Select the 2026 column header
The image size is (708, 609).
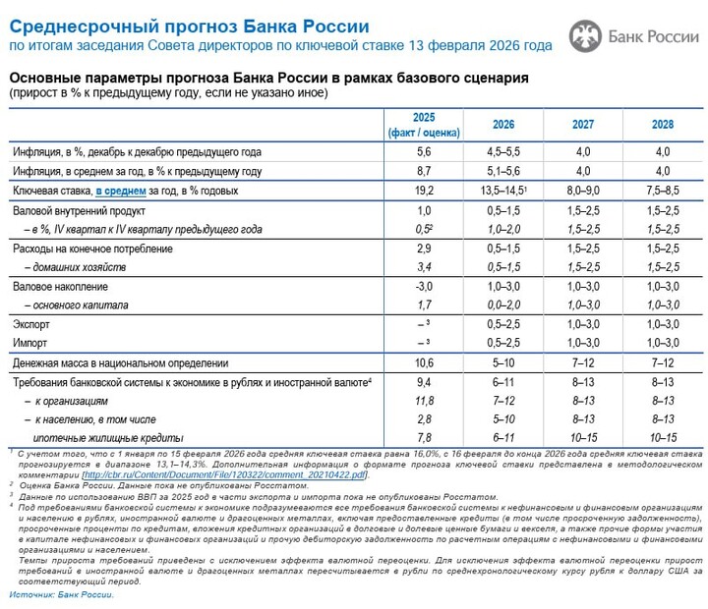coord(502,126)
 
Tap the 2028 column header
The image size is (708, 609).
coord(662,126)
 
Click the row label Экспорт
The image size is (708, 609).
coord(32,324)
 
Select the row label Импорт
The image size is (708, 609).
coord(30,342)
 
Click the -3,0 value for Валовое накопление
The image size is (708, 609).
coord(424,286)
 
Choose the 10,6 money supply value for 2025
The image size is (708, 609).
coord(424,362)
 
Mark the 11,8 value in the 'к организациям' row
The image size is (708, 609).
coord(424,401)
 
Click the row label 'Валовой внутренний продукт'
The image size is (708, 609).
coord(80,210)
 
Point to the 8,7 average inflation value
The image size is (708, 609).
coord(424,170)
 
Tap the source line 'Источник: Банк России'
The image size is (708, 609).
coord(65,594)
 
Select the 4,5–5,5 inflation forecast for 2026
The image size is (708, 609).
coord(502,151)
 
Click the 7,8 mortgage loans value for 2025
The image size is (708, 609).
coord(424,438)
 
